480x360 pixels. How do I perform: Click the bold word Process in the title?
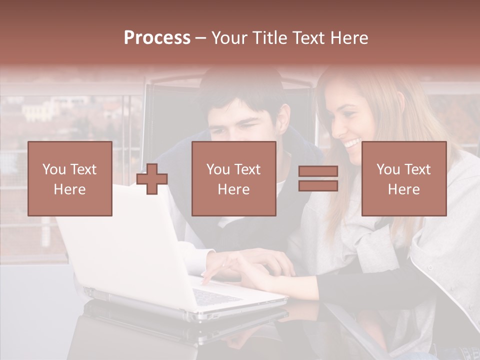[157, 38]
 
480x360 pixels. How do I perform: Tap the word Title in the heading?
[269, 38]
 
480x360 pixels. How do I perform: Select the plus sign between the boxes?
[152, 179]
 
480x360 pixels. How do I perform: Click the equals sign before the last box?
[318, 178]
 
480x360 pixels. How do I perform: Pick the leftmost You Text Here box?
[70, 178]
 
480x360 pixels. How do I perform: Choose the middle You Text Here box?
[233, 178]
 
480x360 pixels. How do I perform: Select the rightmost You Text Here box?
[404, 178]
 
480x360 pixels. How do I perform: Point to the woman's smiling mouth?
[351, 144]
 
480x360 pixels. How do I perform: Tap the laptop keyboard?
[215, 296]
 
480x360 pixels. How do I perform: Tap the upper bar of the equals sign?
[318, 171]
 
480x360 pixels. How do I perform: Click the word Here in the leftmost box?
[70, 189]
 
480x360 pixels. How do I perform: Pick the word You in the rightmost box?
[388, 169]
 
